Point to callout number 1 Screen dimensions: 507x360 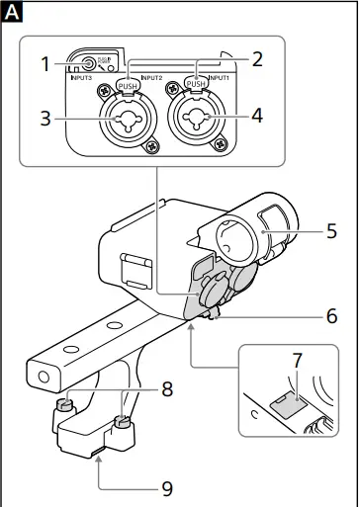point(45,65)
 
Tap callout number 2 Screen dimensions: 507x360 point(257,57)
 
